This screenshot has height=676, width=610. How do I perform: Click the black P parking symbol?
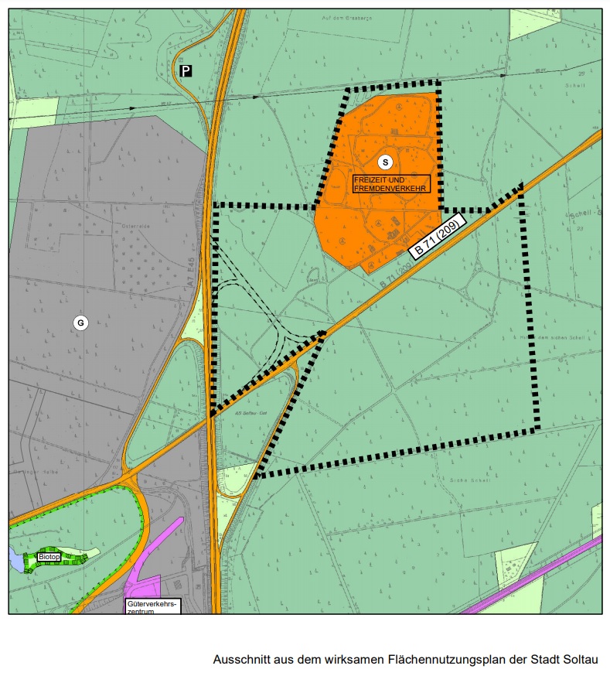(x=186, y=71)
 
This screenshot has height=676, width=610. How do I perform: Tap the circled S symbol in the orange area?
(x=385, y=162)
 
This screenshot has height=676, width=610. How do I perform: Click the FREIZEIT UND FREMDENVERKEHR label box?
(x=390, y=184)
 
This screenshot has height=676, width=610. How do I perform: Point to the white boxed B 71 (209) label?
(x=437, y=238)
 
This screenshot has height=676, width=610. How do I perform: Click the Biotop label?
(x=49, y=557)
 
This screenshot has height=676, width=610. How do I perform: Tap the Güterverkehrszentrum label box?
(x=152, y=606)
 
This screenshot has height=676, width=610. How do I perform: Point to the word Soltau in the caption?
(x=582, y=660)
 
